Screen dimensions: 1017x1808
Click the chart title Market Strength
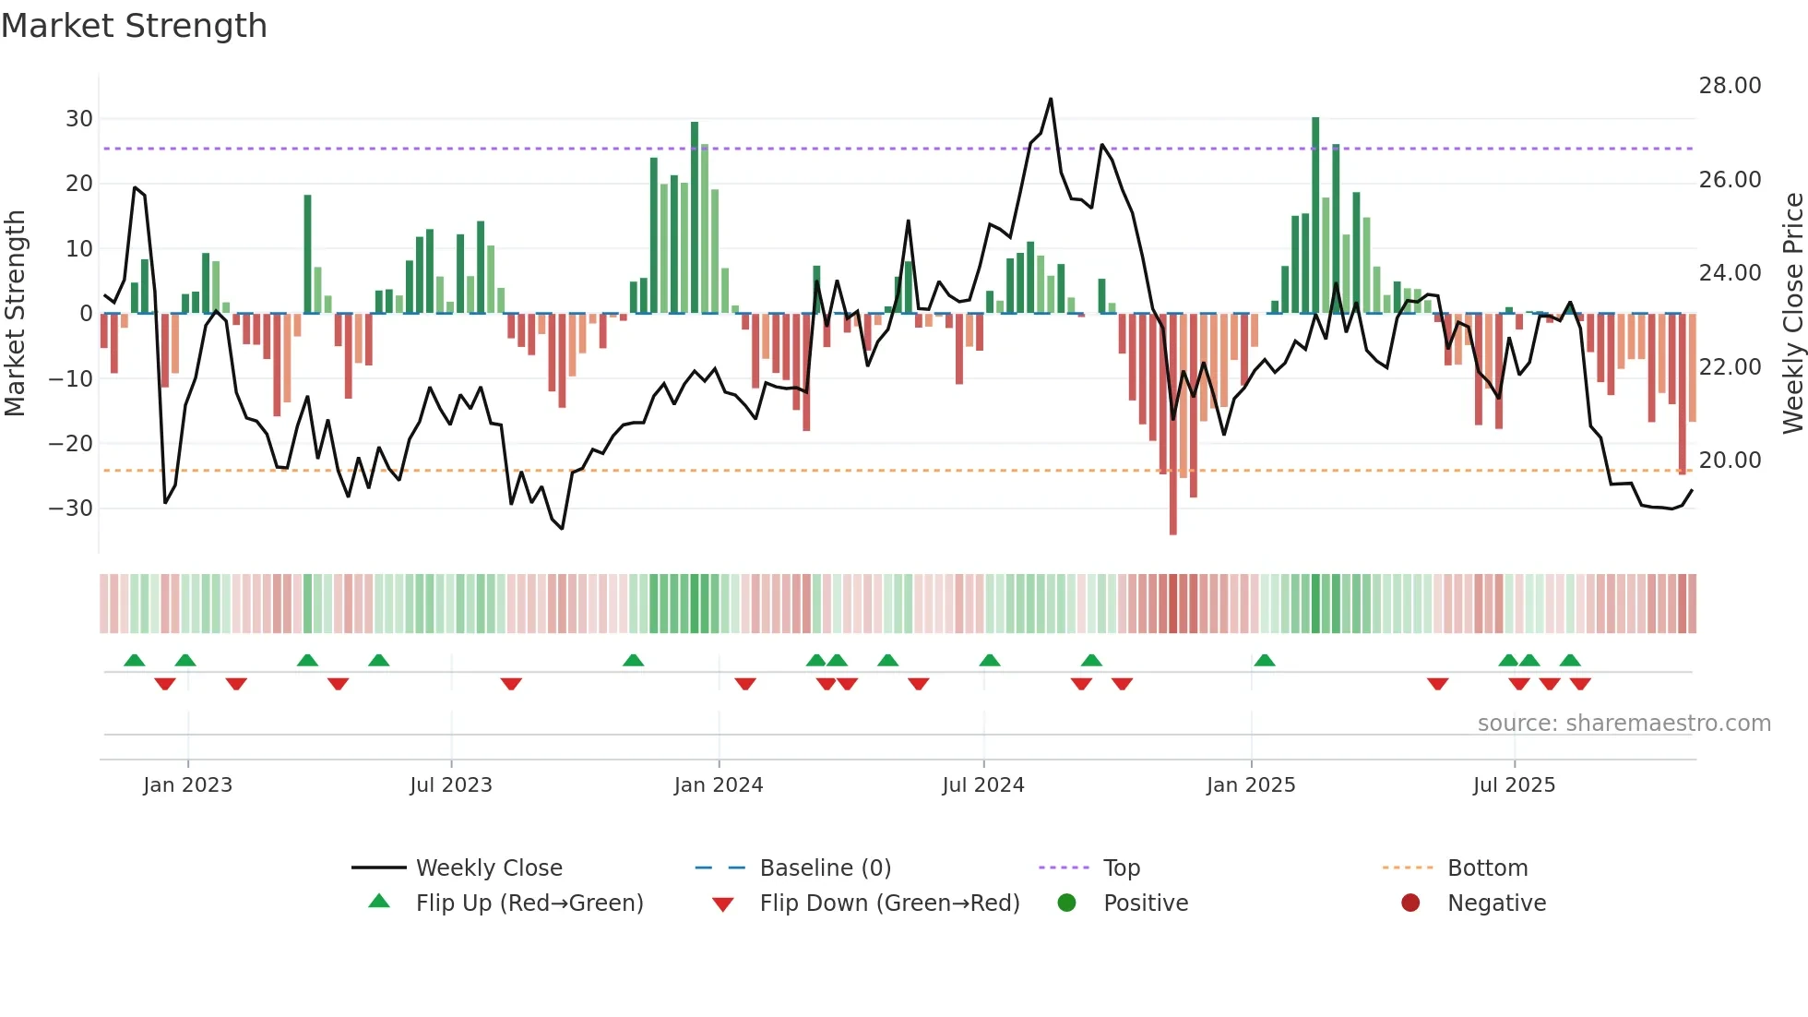pos(134,26)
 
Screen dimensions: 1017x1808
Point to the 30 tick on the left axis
pos(79,119)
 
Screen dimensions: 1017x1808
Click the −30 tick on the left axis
pos(71,508)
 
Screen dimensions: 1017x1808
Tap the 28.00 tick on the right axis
pos(1730,86)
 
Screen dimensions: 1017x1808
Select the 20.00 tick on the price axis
pos(1730,461)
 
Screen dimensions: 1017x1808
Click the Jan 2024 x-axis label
pos(719,785)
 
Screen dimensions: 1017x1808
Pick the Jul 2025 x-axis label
pos(1514,785)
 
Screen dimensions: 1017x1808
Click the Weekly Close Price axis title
pos(1792,313)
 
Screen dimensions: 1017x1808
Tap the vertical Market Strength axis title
pos(16,313)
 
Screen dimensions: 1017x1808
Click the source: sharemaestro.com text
pos(1624,724)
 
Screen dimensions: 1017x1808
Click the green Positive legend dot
pos(1067,903)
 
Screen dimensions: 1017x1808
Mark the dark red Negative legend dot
pos(1410,903)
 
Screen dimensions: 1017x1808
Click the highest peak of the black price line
pos(1051,100)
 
